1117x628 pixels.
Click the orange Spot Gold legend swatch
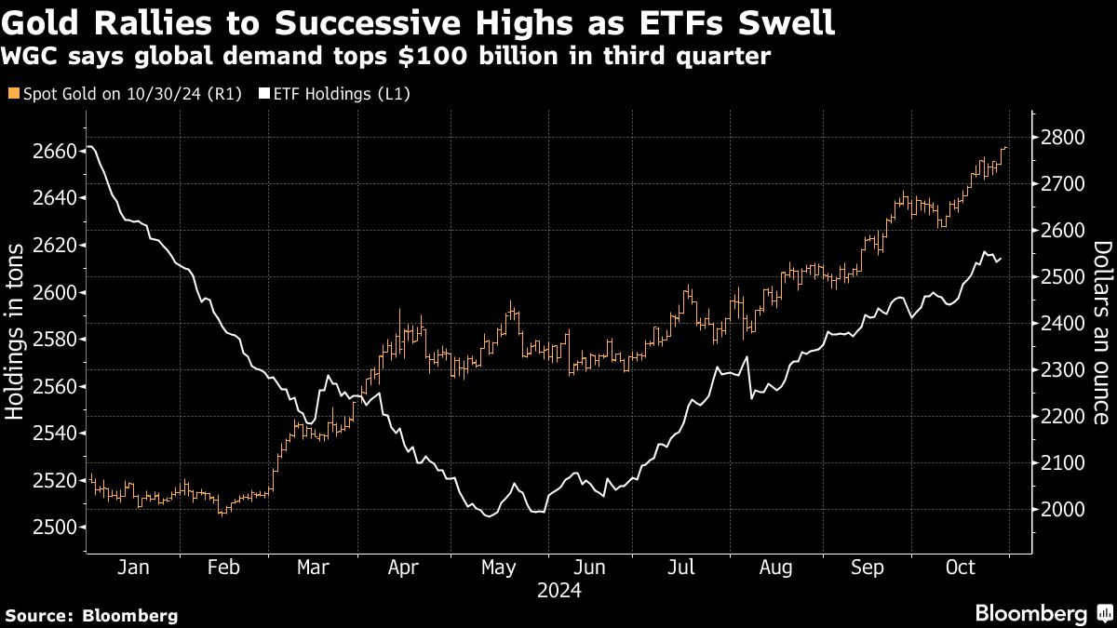[12, 94]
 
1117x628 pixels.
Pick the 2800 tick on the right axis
[1063, 138]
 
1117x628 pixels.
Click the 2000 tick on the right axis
[1063, 510]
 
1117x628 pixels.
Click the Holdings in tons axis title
[17, 340]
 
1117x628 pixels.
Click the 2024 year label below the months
[558, 591]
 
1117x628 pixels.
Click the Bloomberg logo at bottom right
[1031, 613]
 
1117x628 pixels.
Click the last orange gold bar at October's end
[1005, 148]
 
